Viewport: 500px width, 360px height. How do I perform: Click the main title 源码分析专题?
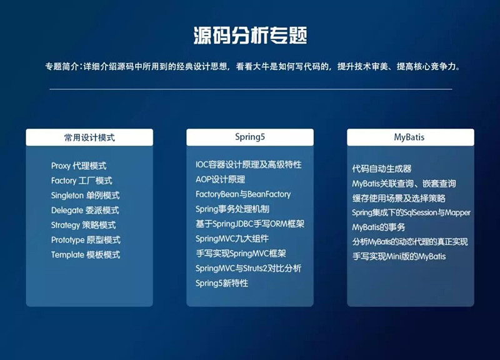(250, 35)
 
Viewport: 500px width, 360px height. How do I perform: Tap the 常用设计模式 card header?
(89, 137)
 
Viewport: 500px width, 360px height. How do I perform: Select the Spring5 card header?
(250, 137)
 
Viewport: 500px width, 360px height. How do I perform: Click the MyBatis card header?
(411, 137)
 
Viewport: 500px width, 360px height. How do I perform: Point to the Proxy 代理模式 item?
(79, 166)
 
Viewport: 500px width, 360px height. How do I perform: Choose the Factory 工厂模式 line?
(81, 181)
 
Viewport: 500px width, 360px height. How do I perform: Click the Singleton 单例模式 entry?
(85, 196)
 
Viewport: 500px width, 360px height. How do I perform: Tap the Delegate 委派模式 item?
(84, 211)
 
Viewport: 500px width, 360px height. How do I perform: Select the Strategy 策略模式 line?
(83, 225)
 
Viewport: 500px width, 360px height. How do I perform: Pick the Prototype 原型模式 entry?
(86, 240)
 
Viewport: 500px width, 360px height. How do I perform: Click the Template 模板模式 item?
(86, 255)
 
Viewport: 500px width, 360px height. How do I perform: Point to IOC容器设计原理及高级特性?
(248, 164)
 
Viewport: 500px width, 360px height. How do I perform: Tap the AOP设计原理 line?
(220, 179)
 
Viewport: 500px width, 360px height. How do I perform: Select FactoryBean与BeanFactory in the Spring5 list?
(242, 194)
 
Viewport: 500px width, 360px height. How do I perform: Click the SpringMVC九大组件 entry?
(231, 239)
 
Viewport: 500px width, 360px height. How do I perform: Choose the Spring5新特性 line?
(221, 283)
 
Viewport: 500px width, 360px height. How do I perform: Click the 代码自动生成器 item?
(381, 169)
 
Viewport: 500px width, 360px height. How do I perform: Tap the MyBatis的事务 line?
(379, 227)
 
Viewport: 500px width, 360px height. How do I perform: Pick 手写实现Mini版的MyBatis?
(399, 256)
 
